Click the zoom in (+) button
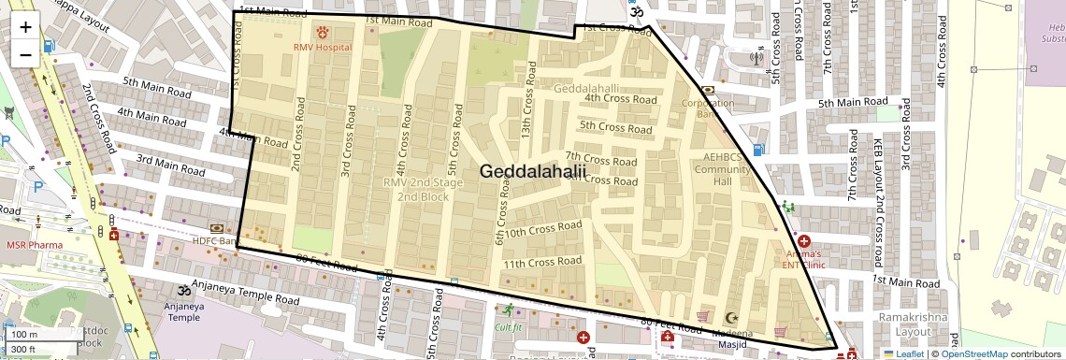coord(25,26)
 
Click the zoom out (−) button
coord(25,54)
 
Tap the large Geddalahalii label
coord(533,171)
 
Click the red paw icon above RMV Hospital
coord(323,32)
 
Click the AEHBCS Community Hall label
coord(723,169)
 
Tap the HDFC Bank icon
coord(217,228)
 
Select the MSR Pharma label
coord(35,245)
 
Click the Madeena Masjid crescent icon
coord(730,319)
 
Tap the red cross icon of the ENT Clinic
coord(803,240)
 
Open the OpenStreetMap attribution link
coord(974,353)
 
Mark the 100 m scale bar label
coord(24,335)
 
